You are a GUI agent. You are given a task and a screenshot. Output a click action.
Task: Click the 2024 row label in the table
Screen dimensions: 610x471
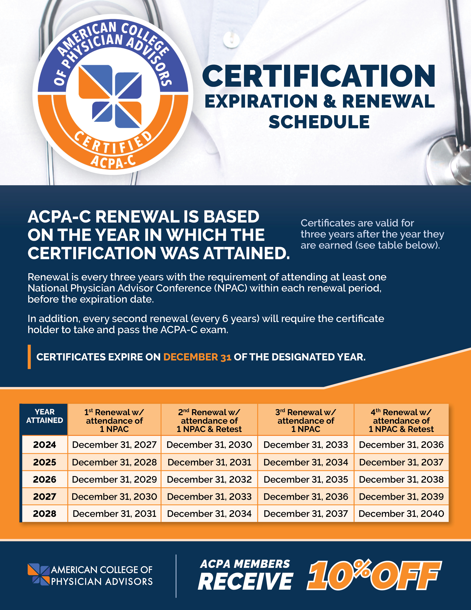[45, 445]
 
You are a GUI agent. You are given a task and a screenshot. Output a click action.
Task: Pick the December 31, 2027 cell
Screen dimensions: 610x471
[114, 445]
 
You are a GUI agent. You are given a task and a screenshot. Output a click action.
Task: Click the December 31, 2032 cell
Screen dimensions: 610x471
[209, 479]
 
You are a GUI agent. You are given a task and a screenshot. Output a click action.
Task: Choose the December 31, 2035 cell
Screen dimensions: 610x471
[306, 479]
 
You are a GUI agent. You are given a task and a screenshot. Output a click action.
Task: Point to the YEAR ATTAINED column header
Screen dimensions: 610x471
[45, 416]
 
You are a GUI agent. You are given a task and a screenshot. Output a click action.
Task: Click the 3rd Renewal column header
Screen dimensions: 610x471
[306, 420]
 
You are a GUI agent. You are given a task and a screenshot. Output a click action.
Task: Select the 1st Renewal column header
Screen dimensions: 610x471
[114, 420]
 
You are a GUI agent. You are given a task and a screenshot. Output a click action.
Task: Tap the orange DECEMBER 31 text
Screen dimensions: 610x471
[197, 357]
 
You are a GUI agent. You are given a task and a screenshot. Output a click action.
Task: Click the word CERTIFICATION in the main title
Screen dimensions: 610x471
[319, 76]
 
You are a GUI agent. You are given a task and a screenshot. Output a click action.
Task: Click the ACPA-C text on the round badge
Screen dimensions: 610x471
[113, 161]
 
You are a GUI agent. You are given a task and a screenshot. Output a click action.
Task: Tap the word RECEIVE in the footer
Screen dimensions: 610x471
[245, 582]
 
